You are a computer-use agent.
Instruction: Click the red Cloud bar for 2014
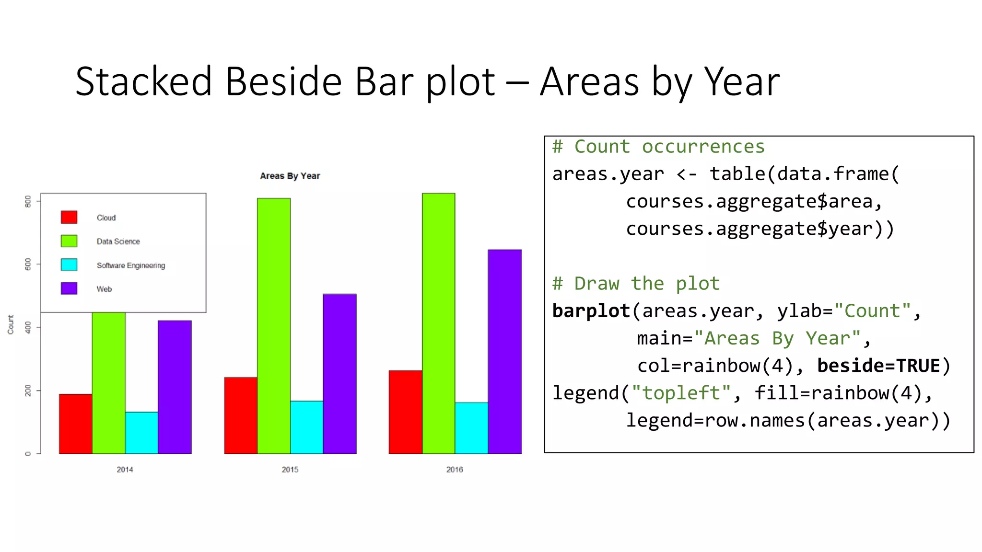tap(76, 424)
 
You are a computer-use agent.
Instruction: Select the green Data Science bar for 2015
tap(274, 326)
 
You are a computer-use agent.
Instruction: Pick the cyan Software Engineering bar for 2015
tap(307, 427)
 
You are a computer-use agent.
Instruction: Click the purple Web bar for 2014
tap(175, 387)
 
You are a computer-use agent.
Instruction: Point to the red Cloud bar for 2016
tap(405, 412)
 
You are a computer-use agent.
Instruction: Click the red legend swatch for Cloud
tap(69, 217)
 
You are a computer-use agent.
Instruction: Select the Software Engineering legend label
tap(130, 265)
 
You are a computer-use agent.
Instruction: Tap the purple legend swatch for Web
tap(69, 288)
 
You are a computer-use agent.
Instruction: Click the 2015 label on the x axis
tap(290, 470)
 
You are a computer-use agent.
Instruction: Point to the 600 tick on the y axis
tap(28, 264)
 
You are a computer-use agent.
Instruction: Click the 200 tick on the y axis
tap(28, 391)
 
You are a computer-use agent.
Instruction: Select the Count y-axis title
tap(11, 324)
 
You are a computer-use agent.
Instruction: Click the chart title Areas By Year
tap(290, 176)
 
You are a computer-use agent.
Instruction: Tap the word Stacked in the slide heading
tap(143, 81)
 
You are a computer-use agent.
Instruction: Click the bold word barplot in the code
tap(591, 311)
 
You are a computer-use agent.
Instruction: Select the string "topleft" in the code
tap(681, 393)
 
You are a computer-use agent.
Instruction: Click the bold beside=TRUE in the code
tap(878, 366)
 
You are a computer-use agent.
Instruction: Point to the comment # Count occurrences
tap(658, 147)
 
